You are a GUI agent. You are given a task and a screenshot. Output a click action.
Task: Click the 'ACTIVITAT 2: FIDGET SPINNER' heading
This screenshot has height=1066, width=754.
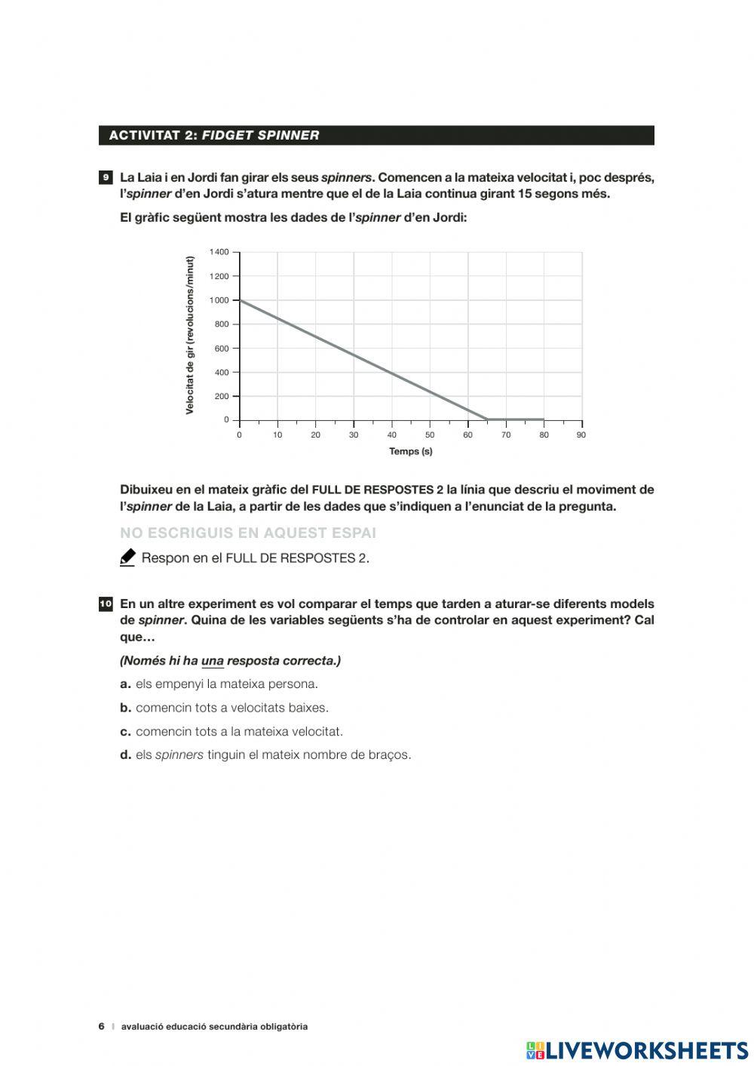214,136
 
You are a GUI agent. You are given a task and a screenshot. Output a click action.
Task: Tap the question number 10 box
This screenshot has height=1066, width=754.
105,604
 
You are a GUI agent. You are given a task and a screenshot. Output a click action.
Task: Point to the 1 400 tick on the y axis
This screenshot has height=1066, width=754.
219,252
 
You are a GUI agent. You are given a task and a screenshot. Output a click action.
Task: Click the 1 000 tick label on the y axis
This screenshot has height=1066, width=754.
219,300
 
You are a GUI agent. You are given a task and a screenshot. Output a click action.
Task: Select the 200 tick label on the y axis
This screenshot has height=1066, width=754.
221,396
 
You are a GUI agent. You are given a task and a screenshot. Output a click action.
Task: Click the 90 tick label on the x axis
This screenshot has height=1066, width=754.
581,435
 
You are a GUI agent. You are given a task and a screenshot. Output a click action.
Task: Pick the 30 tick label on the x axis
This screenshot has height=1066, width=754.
353,435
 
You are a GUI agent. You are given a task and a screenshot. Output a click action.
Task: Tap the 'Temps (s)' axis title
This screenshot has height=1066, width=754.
410,452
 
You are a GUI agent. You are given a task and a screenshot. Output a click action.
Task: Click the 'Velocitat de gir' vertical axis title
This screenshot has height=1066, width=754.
190,335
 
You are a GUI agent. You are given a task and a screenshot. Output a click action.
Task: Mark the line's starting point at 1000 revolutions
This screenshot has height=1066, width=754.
240,300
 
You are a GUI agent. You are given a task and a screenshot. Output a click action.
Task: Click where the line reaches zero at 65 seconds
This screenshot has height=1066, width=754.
486,419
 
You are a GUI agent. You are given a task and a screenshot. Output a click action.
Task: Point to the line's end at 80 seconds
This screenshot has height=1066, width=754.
544,419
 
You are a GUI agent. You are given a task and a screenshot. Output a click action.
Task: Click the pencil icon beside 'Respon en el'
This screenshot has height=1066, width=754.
127,558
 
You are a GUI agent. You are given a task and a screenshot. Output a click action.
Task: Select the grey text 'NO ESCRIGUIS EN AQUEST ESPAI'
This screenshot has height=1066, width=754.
248,533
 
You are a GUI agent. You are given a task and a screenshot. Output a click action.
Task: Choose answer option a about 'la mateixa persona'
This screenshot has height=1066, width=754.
219,684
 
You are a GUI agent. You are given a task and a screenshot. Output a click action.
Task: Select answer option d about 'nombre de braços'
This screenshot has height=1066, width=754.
265,755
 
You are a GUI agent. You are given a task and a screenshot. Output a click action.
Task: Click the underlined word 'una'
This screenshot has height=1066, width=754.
213,661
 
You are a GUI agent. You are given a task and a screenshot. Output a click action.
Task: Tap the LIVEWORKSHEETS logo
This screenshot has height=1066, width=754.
637,1050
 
